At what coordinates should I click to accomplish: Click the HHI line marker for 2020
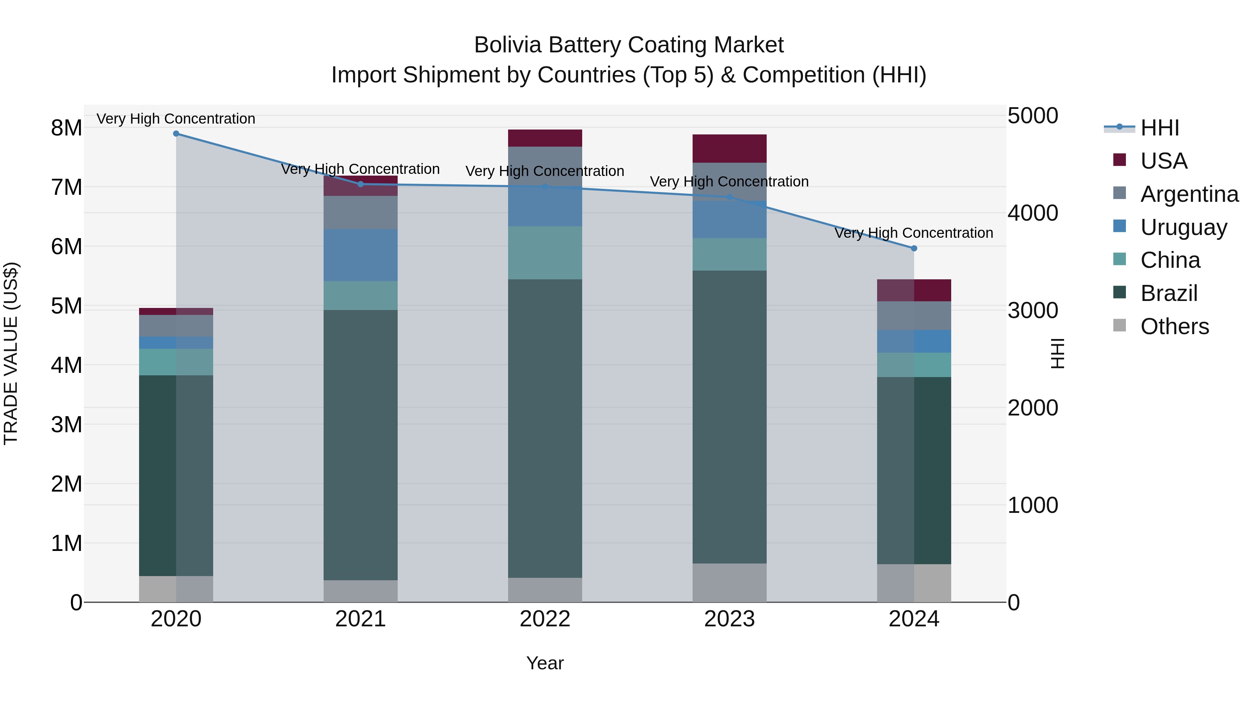176,133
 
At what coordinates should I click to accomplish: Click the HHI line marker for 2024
914,248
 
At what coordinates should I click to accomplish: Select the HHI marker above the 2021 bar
361,184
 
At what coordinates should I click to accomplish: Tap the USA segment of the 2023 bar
730,148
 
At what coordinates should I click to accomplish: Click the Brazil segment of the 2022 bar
545,428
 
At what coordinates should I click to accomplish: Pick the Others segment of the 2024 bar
914,583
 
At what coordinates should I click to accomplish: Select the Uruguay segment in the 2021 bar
361,255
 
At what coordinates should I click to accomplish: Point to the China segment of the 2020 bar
176,362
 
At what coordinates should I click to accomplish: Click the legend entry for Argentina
1189,194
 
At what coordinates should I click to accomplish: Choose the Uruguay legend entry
1183,227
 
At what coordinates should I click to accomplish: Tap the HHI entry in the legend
1159,128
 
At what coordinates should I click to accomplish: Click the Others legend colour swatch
1119,325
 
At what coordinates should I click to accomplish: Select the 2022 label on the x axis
545,619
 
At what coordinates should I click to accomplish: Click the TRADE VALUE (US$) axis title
11,353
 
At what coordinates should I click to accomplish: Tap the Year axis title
545,663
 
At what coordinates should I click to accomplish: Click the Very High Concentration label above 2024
914,233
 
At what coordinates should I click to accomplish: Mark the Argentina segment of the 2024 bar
914,316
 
